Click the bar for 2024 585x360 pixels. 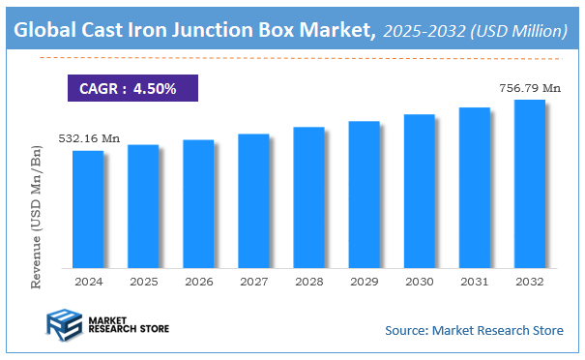[x=87, y=209]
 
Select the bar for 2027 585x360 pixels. [x=253, y=200]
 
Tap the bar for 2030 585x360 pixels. [x=419, y=191]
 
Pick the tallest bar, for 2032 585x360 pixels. [x=530, y=184]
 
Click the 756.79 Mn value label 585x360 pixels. [x=530, y=88]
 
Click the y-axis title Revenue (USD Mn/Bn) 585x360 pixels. [x=38, y=214]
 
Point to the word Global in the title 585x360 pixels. [x=45, y=31]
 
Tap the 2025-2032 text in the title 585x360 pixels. [x=423, y=32]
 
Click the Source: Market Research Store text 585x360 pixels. [x=474, y=331]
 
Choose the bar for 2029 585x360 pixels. [x=364, y=195]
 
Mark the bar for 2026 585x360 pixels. [x=198, y=203]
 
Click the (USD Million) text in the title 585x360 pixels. [x=517, y=32]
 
